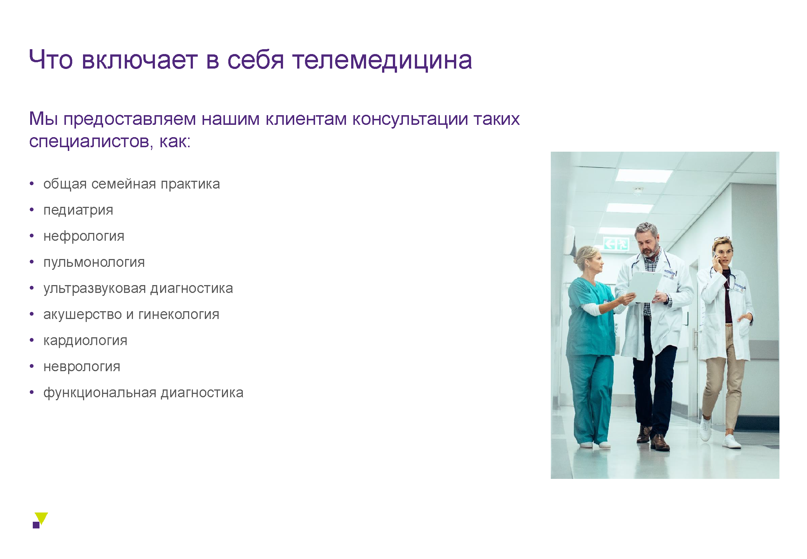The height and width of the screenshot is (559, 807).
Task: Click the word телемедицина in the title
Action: click(382, 60)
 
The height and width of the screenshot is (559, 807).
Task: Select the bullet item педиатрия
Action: click(78, 211)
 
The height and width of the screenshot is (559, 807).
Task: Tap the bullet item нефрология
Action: click(84, 237)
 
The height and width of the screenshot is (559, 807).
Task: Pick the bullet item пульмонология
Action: click(94, 262)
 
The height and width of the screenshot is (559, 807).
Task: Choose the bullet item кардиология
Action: click(85, 341)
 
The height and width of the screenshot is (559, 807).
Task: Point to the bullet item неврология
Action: click(82, 367)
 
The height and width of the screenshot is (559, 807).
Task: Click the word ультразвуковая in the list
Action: click(95, 288)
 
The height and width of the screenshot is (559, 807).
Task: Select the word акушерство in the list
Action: click(82, 315)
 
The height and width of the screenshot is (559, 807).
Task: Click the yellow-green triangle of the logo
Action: click(42, 518)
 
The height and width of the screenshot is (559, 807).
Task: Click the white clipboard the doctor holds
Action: click(644, 287)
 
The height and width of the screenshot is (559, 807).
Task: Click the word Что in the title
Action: click(51, 60)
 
